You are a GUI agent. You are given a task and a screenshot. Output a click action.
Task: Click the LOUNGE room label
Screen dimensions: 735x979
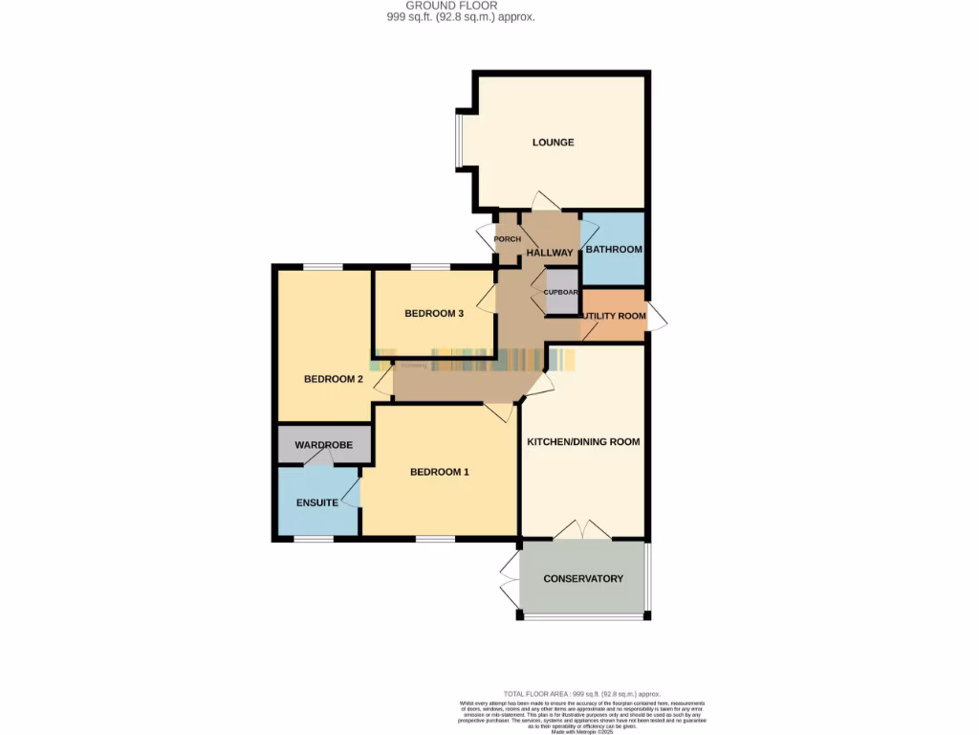pyautogui.click(x=554, y=143)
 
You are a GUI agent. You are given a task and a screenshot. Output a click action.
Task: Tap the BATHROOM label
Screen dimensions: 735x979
pyautogui.click(x=614, y=250)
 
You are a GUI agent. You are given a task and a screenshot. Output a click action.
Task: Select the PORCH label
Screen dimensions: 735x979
pyautogui.click(x=507, y=239)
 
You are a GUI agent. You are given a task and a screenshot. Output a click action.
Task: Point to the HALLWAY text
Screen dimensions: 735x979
pyautogui.click(x=550, y=253)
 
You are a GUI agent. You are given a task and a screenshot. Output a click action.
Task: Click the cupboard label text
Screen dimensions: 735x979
pyautogui.click(x=561, y=292)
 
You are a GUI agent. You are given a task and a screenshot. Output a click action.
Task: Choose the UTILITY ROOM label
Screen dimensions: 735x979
pyautogui.click(x=614, y=316)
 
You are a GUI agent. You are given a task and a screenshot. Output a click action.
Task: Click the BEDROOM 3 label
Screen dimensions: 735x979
pyautogui.click(x=434, y=314)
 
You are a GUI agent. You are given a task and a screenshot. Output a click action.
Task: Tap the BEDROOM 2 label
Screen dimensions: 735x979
pyautogui.click(x=334, y=379)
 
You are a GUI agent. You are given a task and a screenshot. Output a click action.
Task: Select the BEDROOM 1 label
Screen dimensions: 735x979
pyautogui.click(x=440, y=472)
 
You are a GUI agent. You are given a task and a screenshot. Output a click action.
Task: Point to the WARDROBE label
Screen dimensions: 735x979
pyautogui.click(x=324, y=445)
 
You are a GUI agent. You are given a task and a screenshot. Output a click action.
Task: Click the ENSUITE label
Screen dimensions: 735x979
pyautogui.click(x=316, y=502)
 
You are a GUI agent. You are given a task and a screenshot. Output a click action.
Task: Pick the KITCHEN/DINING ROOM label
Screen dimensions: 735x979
pyautogui.click(x=584, y=442)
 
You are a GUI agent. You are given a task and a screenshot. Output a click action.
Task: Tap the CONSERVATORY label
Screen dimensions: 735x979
pyautogui.click(x=583, y=579)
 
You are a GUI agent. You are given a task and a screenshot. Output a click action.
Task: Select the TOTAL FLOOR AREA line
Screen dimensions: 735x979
pyautogui.click(x=581, y=694)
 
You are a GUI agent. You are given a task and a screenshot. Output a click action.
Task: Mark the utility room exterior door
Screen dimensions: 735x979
pyautogui.click(x=657, y=318)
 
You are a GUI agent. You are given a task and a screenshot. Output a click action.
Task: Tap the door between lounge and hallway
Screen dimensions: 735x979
pyautogui.click(x=547, y=202)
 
